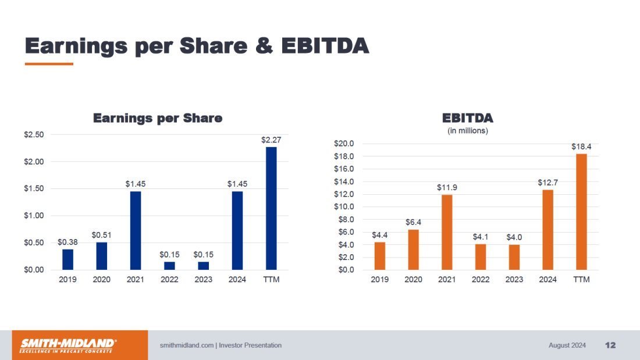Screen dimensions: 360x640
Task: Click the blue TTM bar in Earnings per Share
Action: pos(271,208)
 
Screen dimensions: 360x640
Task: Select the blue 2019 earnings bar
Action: pos(68,259)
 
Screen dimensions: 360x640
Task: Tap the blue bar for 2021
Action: pos(136,230)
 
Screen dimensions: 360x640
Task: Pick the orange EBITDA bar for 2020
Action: pos(413,249)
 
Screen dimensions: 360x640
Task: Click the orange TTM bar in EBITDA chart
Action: pos(581,212)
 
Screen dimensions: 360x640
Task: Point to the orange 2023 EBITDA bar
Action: pos(514,257)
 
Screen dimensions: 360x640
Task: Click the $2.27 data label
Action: pos(271,140)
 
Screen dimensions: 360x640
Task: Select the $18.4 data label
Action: pos(581,147)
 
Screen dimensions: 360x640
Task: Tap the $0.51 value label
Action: pos(102,235)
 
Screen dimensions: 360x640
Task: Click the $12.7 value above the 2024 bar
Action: pos(547,183)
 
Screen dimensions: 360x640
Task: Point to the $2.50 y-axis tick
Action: pos(33,135)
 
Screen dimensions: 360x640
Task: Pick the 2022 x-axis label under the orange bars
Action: pos(481,280)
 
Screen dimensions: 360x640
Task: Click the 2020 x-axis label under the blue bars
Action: pos(102,280)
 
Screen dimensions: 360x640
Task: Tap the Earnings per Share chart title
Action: pos(158,118)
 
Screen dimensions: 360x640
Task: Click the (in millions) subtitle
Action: pos(468,131)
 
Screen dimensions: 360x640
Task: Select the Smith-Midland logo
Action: pos(69,345)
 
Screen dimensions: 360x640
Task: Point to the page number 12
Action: pos(610,345)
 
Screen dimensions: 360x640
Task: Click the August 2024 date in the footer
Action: pos(567,345)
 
